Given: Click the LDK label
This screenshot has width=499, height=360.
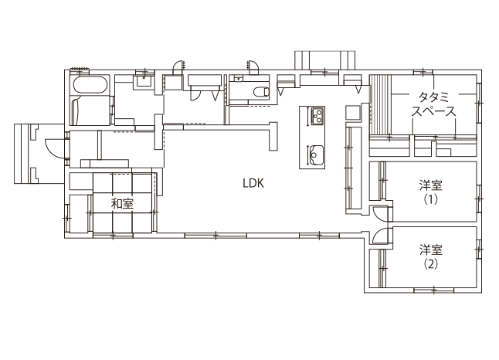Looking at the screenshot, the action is (x=253, y=183).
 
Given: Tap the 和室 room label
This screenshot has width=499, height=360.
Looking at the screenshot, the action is (x=122, y=203).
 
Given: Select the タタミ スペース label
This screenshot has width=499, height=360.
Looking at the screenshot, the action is (x=433, y=104).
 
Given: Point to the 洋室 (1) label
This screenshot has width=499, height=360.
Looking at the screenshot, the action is (x=430, y=192).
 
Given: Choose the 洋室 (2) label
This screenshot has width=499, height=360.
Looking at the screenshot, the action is (x=430, y=257).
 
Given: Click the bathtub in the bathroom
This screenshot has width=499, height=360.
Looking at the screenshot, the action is (x=89, y=85).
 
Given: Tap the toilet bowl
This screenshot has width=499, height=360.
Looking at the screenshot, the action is (x=262, y=92).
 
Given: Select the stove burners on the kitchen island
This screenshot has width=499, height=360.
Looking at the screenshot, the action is (x=317, y=117).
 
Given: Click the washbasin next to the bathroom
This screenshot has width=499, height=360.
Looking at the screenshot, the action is (x=144, y=81).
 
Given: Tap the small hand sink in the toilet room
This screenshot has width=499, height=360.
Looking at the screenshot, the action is (x=239, y=78).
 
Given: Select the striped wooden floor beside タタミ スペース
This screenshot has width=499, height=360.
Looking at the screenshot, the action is (x=380, y=105).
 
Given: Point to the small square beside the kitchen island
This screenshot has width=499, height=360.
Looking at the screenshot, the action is (x=352, y=112).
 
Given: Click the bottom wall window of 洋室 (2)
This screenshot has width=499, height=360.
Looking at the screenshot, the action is (x=434, y=290).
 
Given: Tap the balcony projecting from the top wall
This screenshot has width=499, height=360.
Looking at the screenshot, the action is (x=324, y=59).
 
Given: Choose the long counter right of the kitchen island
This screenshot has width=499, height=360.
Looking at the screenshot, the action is (x=354, y=168).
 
